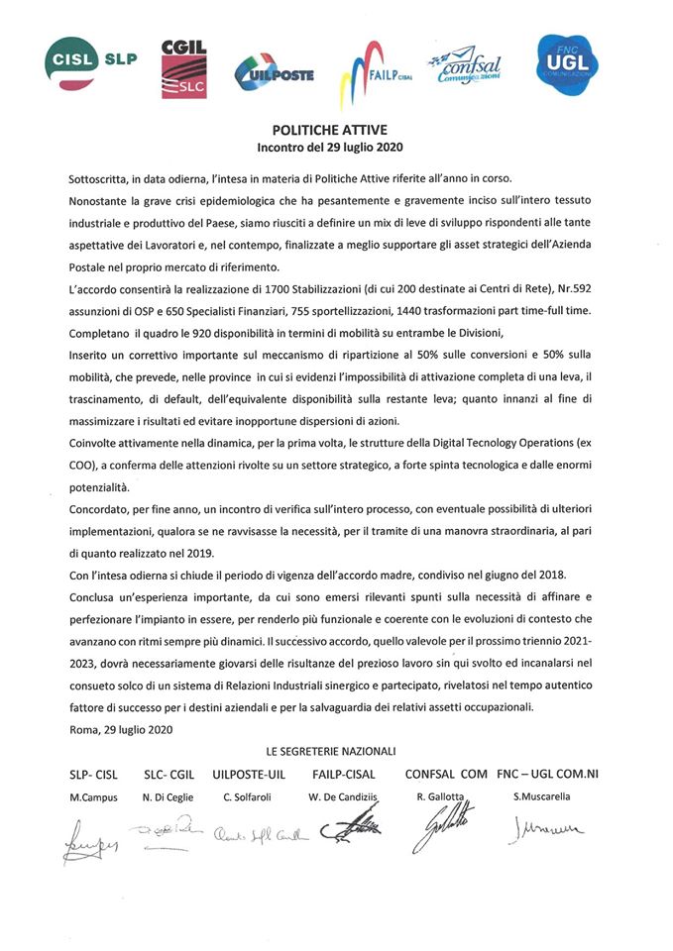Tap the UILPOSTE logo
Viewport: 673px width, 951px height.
[274, 69]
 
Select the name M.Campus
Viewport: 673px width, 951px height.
[93, 796]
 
